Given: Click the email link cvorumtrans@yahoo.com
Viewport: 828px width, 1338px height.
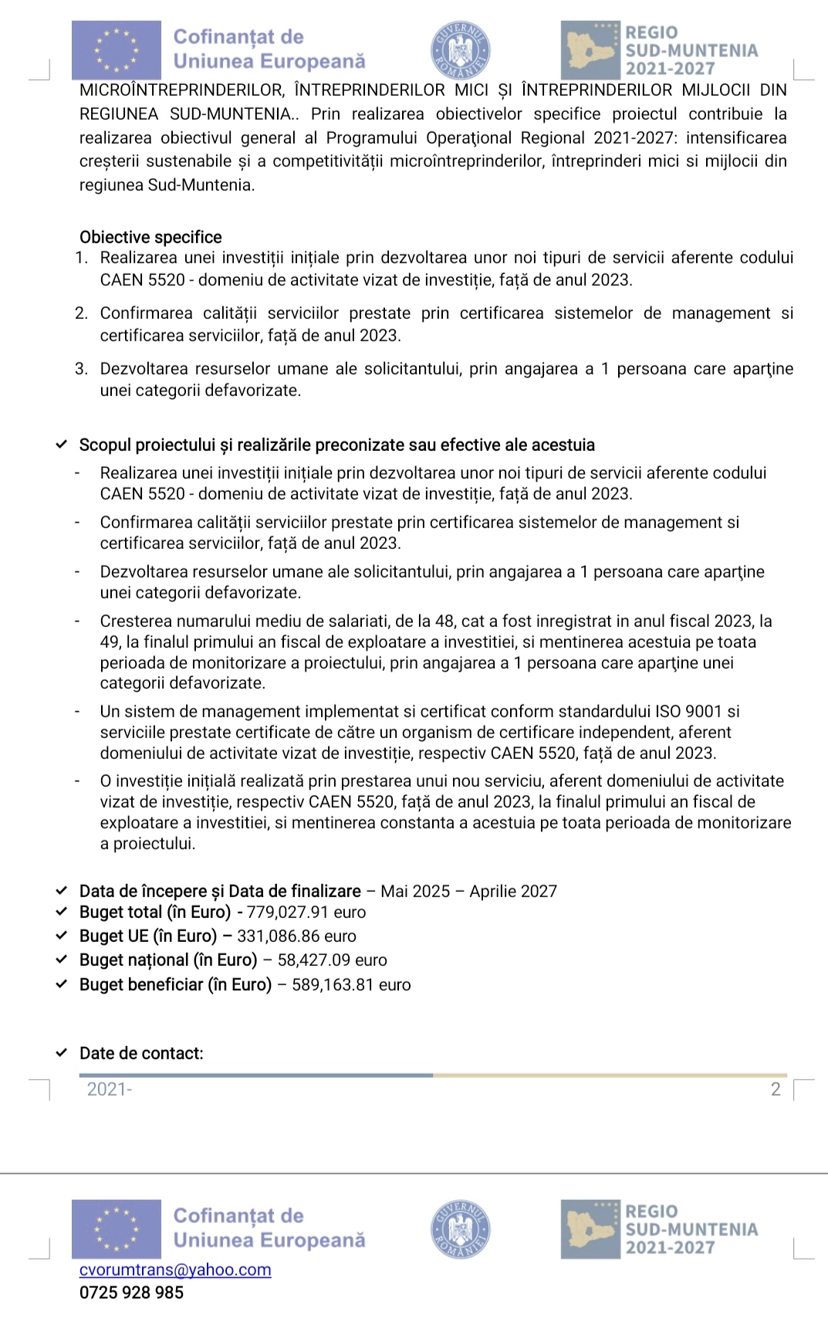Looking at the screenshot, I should click(175, 1270).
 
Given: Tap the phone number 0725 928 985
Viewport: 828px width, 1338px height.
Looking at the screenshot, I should click(131, 1292).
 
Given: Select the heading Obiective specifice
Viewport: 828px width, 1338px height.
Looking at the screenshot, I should click(150, 237).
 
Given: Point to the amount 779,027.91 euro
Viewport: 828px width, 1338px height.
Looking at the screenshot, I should click(306, 912).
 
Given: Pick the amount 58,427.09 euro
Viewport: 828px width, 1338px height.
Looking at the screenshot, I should click(332, 960).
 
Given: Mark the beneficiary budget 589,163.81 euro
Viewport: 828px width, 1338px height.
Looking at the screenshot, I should click(351, 984).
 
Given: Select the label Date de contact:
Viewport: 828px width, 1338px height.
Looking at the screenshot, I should click(141, 1053).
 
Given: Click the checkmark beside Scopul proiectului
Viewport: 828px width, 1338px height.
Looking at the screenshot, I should click(61, 445).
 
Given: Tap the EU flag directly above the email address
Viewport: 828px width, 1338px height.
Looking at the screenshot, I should click(117, 1229).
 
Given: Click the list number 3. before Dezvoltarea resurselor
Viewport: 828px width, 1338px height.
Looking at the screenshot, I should click(81, 369).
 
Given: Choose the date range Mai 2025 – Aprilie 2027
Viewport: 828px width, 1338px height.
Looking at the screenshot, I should click(468, 891).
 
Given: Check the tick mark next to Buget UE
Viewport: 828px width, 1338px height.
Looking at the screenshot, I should click(61, 936).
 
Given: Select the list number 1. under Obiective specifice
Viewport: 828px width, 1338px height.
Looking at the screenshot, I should click(81, 258).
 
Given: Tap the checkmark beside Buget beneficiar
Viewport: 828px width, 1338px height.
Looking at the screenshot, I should click(61, 984).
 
